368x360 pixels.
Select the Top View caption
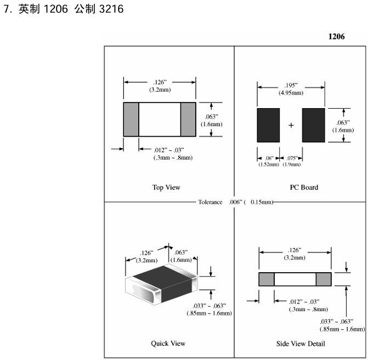point(166,187)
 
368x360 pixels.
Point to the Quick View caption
point(168,344)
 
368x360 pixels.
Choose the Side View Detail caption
point(301,344)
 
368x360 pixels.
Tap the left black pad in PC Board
point(268,125)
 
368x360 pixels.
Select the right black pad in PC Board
point(313,125)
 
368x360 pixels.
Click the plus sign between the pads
point(291,125)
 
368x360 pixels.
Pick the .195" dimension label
point(291,89)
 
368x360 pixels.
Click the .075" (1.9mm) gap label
point(291,161)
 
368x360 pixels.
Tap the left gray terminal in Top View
point(131,119)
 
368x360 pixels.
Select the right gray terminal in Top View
point(188,119)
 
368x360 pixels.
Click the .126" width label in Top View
point(159,86)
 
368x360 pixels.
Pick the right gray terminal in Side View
point(324,279)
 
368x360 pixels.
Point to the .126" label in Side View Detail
point(295,255)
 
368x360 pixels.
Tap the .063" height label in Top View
point(211,120)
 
